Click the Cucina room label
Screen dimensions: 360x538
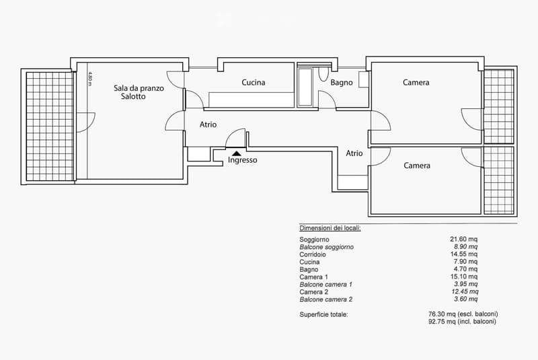click(x=254, y=83)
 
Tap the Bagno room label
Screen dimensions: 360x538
click(x=342, y=83)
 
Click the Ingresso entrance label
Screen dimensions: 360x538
click(x=242, y=160)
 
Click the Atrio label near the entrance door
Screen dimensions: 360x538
click(x=208, y=124)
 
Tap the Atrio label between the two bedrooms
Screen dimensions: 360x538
click(x=354, y=153)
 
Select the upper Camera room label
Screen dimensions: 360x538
click(x=416, y=83)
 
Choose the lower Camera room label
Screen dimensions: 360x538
click(x=417, y=166)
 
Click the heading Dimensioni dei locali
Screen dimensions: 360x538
click(x=330, y=229)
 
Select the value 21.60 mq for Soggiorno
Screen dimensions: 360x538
click(x=463, y=240)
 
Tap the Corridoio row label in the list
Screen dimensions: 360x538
click(x=313, y=255)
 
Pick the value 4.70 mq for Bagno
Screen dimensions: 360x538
click(x=465, y=270)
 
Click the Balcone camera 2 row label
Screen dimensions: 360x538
click(x=325, y=299)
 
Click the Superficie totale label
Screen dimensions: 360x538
click(x=323, y=314)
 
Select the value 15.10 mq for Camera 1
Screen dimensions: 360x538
click(x=463, y=277)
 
